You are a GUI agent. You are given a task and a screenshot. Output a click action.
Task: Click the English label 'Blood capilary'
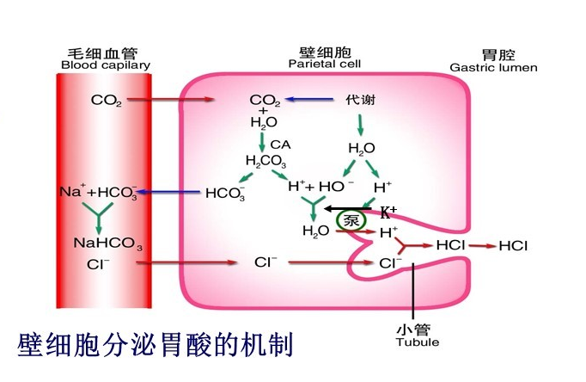tap(106, 65)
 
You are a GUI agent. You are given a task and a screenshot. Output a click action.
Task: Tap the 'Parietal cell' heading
tap(324, 64)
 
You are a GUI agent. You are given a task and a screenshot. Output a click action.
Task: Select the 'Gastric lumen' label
tap(493, 67)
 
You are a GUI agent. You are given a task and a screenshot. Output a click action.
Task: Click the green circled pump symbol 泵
tap(351, 219)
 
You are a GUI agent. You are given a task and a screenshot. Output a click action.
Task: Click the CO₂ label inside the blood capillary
tap(106, 100)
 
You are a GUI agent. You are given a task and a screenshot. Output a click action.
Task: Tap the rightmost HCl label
tap(513, 246)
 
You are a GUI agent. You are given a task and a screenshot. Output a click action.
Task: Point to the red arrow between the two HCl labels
tap(481, 246)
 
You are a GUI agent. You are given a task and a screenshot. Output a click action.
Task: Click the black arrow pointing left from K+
tap(348, 208)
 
